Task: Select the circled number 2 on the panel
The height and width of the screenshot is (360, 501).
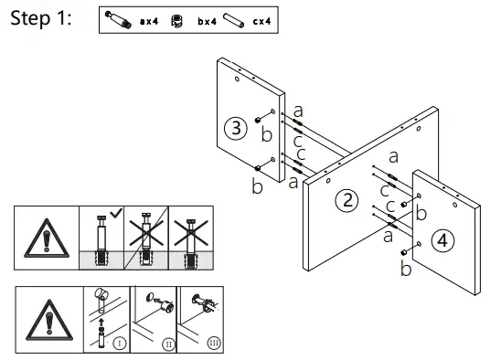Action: tap(346, 201)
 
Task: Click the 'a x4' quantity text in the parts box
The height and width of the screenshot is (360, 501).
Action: tap(148, 21)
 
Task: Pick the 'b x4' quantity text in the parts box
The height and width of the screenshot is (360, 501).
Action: tap(207, 21)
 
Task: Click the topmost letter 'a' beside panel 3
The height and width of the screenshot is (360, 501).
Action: tap(298, 111)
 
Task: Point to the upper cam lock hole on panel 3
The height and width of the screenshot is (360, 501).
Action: tap(260, 119)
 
